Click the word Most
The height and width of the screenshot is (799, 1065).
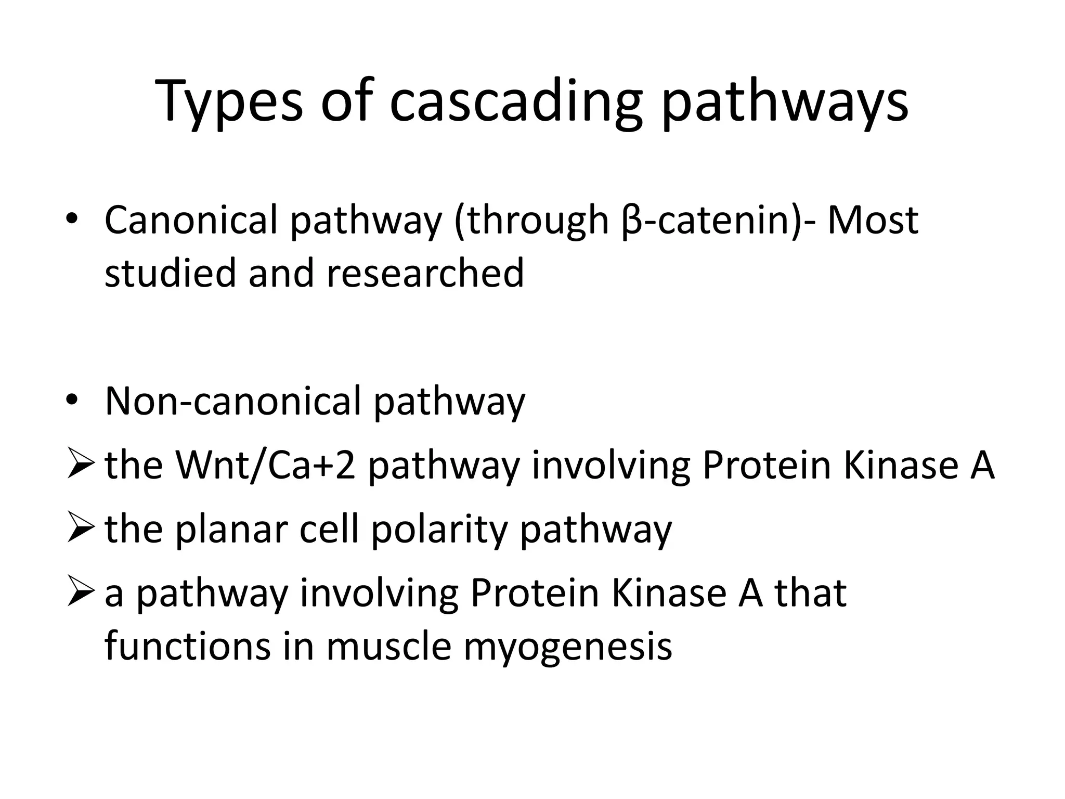click(873, 220)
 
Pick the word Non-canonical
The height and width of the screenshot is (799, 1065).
click(232, 401)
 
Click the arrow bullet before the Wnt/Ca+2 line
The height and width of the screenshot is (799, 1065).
click(81, 465)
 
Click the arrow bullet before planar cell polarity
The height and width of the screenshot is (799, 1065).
click(81, 529)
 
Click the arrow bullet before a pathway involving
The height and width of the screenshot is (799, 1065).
click(81, 594)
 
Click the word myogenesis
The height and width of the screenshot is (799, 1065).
click(567, 648)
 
